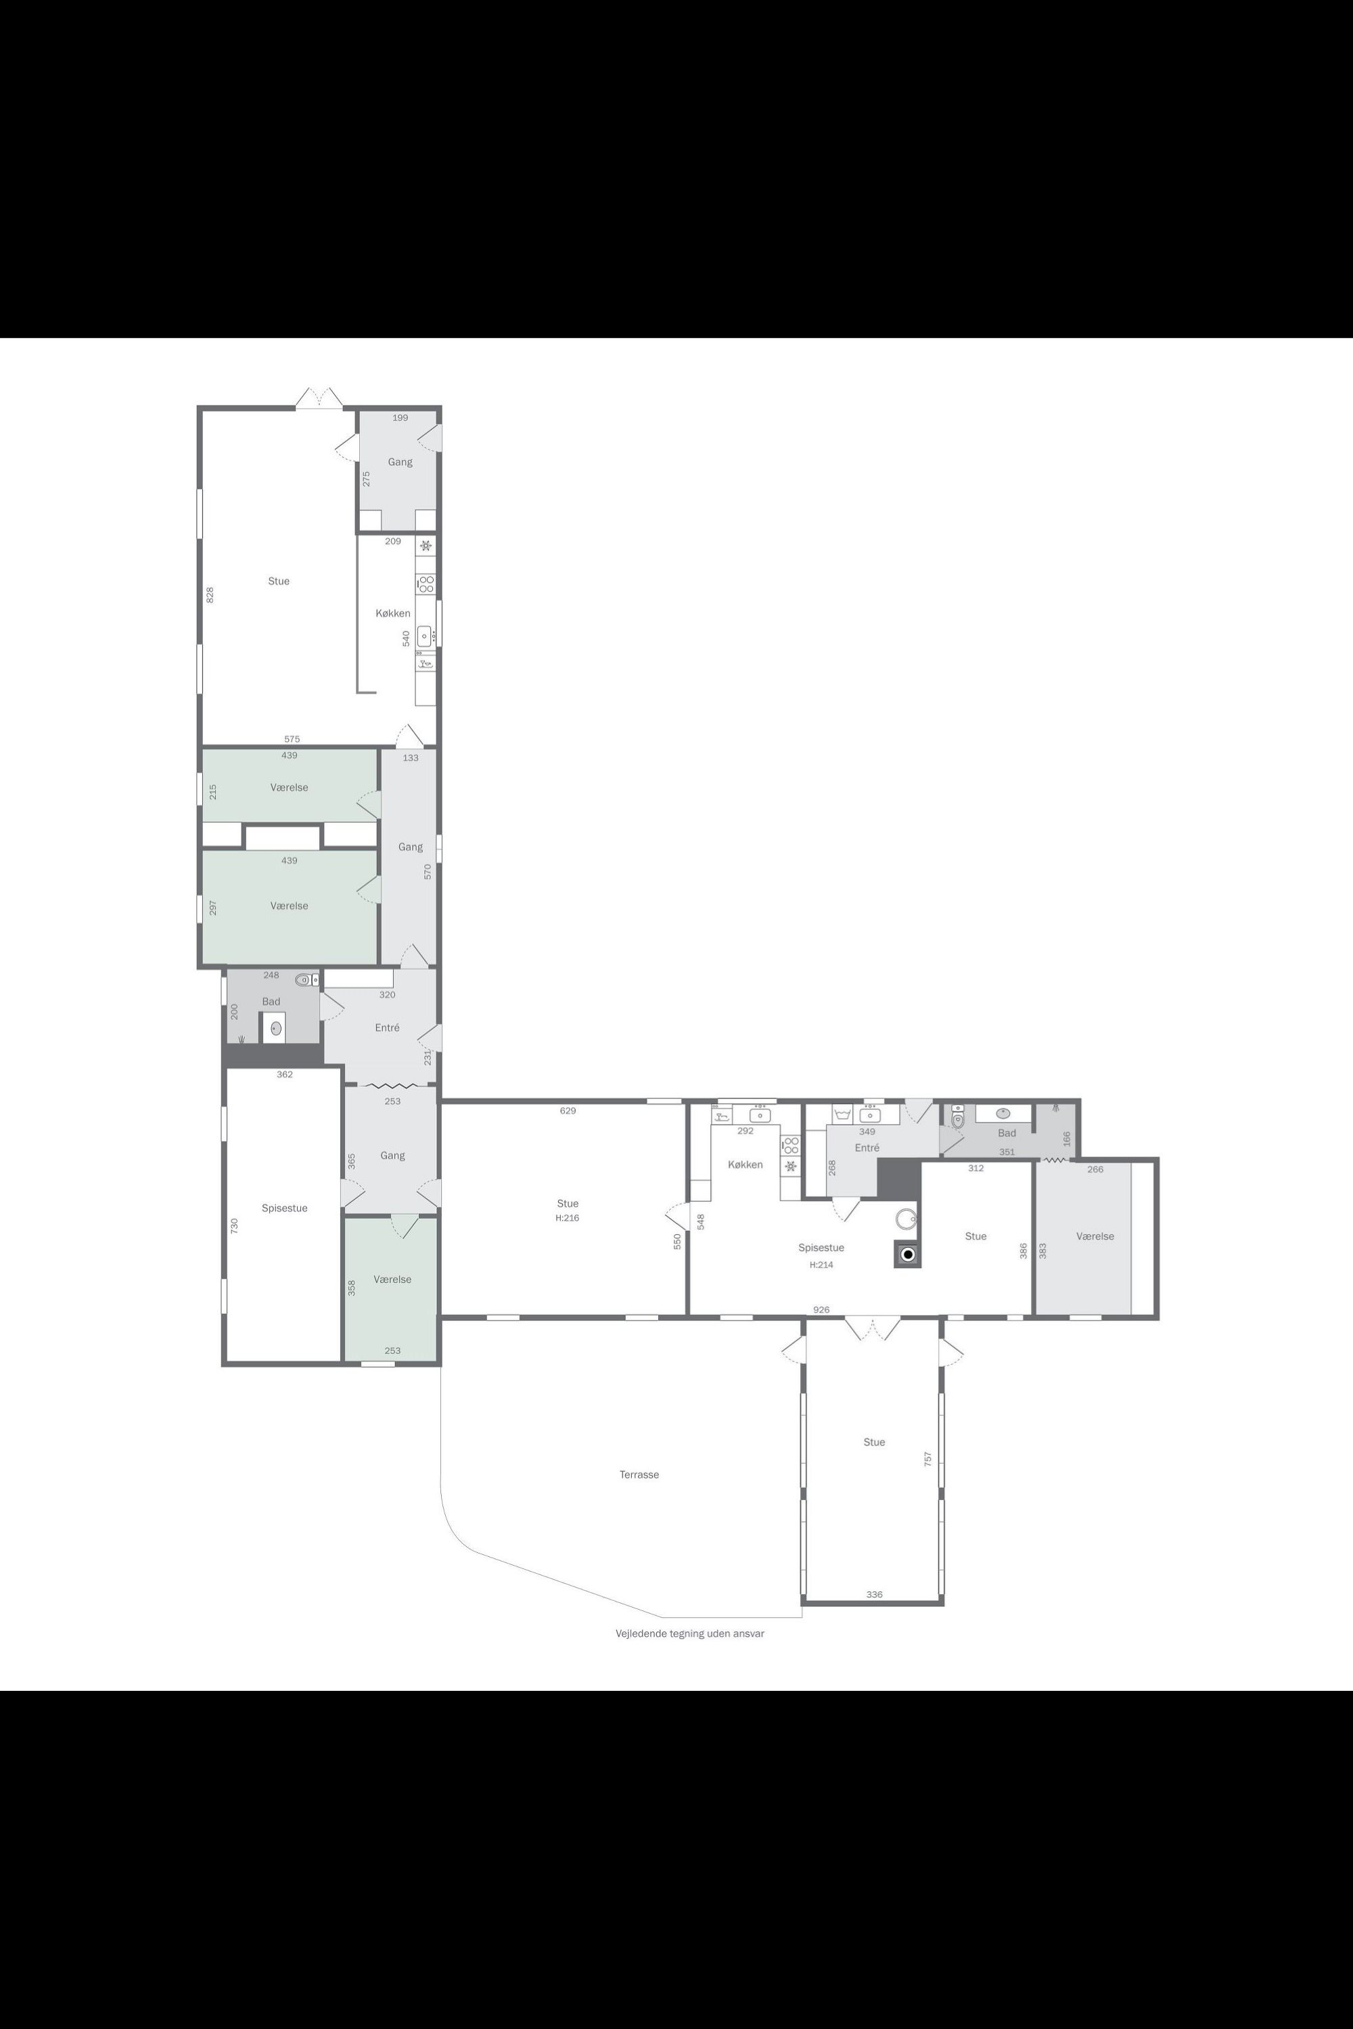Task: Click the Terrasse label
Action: point(639,1474)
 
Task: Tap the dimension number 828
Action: point(210,594)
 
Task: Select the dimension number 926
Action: point(821,1309)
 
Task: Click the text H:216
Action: point(567,1218)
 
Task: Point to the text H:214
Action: point(821,1265)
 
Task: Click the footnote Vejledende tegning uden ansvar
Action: point(689,1633)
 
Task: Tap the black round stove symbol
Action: point(907,1255)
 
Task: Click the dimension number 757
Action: point(927,1459)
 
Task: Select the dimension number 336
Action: point(874,1594)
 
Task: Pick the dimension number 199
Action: point(400,417)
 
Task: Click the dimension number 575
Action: point(292,739)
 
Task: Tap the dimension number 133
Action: point(410,757)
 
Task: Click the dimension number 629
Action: point(567,1111)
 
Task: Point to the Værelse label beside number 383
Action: point(1095,1236)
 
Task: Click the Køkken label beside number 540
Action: point(392,613)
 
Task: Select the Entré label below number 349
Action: point(867,1147)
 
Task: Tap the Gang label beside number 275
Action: point(400,461)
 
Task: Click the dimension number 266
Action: point(1095,1169)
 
